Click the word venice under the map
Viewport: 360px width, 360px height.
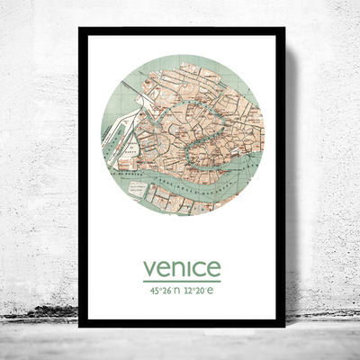pos(181,268)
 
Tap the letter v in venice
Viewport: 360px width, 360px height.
pos(149,269)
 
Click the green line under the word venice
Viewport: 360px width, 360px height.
pos(181,282)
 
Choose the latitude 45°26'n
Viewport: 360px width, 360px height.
pos(159,292)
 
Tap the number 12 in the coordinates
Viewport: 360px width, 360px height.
pos(189,292)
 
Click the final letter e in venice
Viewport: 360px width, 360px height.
pos(213,269)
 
